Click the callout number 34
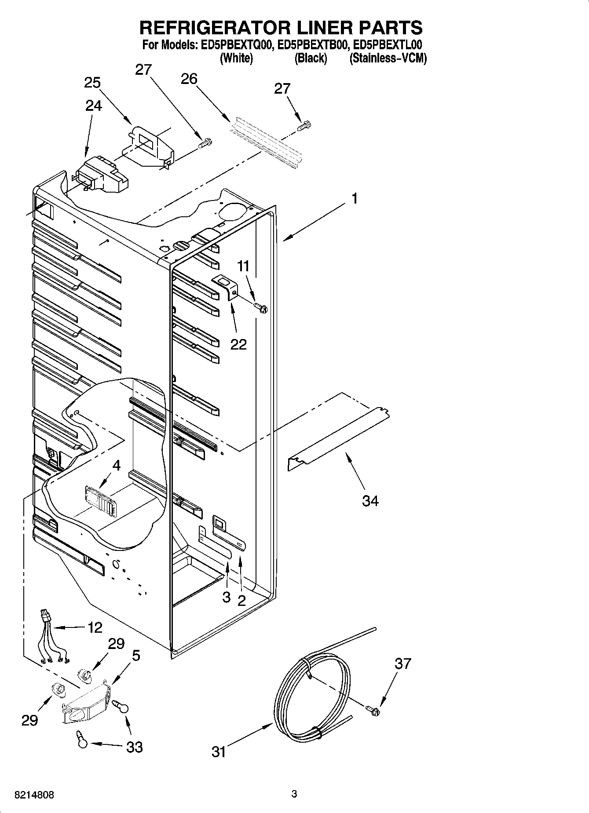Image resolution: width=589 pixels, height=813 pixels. click(x=370, y=500)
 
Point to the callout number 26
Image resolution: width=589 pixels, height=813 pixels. click(x=189, y=79)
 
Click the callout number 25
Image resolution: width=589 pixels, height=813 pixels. click(x=92, y=83)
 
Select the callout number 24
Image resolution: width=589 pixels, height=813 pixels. click(x=94, y=106)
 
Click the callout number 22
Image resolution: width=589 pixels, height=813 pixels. click(x=238, y=344)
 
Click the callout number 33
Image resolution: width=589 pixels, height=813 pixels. click(x=135, y=747)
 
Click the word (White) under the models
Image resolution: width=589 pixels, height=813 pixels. click(x=236, y=58)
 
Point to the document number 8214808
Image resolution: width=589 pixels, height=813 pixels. click(x=35, y=795)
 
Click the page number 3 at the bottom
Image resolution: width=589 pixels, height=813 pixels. click(x=294, y=794)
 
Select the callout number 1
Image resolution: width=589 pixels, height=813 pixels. click(x=355, y=199)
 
